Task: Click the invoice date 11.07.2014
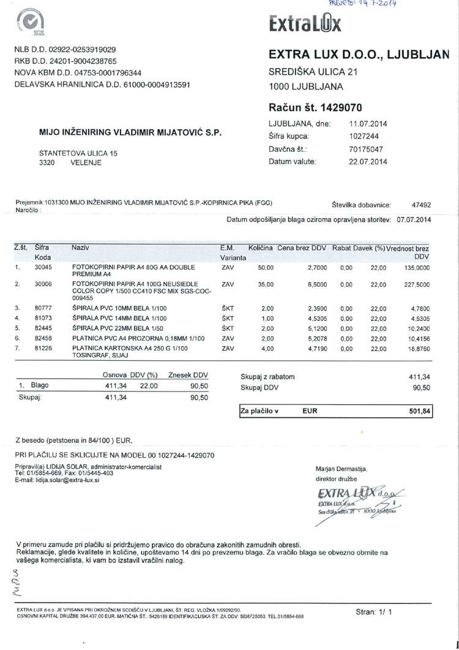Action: [368, 124]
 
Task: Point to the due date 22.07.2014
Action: [368, 162]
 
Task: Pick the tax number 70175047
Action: [366, 149]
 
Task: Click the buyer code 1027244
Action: [364, 136]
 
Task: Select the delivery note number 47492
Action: [422, 206]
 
